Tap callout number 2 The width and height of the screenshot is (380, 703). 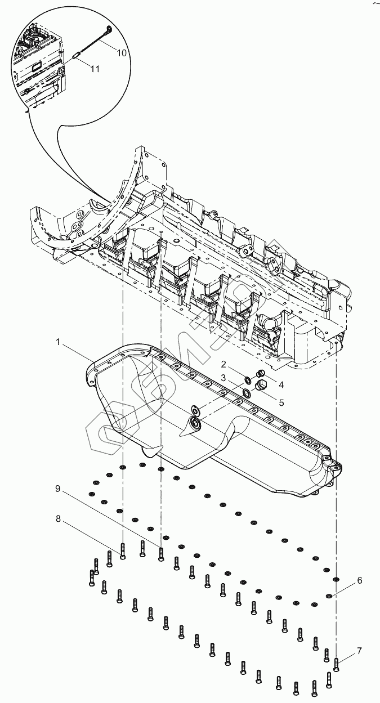click(223, 364)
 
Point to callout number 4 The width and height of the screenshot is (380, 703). click(281, 385)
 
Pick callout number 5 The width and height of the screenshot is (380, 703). click(281, 402)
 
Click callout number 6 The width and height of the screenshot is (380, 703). click(358, 580)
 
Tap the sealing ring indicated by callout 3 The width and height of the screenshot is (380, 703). click(247, 392)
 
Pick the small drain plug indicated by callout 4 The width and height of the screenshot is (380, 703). click(260, 374)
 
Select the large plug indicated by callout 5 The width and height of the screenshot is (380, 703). click(261, 386)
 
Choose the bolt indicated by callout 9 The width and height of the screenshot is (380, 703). click(161, 553)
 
